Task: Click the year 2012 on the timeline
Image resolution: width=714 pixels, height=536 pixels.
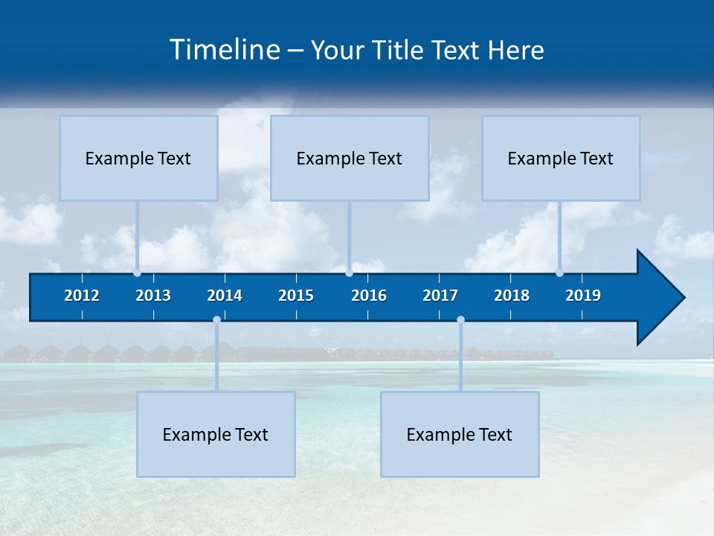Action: pyautogui.click(x=82, y=296)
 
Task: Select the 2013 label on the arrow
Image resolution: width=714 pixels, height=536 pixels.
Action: pyautogui.click(x=153, y=296)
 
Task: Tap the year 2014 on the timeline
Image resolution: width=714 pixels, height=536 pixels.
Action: pyautogui.click(x=225, y=296)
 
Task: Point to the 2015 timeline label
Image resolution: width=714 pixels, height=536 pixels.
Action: pyautogui.click(x=296, y=296)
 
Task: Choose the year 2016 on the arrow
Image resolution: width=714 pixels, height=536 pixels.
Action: pyautogui.click(x=369, y=296)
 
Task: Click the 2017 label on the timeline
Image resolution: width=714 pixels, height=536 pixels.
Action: pyautogui.click(x=440, y=296)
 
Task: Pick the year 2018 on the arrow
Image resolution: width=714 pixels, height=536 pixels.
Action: pyautogui.click(x=512, y=296)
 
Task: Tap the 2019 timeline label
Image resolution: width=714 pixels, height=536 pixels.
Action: pyautogui.click(x=583, y=296)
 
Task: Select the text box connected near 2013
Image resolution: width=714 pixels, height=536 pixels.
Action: pyautogui.click(x=138, y=158)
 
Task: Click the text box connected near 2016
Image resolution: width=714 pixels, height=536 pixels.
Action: pyautogui.click(x=350, y=158)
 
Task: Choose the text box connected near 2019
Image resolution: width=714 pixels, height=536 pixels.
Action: pyautogui.click(x=561, y=158)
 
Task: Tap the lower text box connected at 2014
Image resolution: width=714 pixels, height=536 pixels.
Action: pyautogui.click(x=216, y=434)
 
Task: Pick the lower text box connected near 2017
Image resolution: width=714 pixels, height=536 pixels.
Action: pyautogui.click(x=460, y=434)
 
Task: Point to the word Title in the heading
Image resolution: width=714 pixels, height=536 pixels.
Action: pyautogui.click(x=401, y=50)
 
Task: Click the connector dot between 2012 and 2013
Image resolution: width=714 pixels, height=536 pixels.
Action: pyautogui.click(x=137, y=273)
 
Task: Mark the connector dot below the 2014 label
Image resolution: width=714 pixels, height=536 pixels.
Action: pyautogui.click(x=216, y=320)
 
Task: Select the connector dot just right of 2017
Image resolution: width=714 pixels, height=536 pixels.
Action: pyautogui.click(x=460, y=320)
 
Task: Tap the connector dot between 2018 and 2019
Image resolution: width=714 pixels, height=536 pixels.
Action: pyautogui.click(x=559, y=273)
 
